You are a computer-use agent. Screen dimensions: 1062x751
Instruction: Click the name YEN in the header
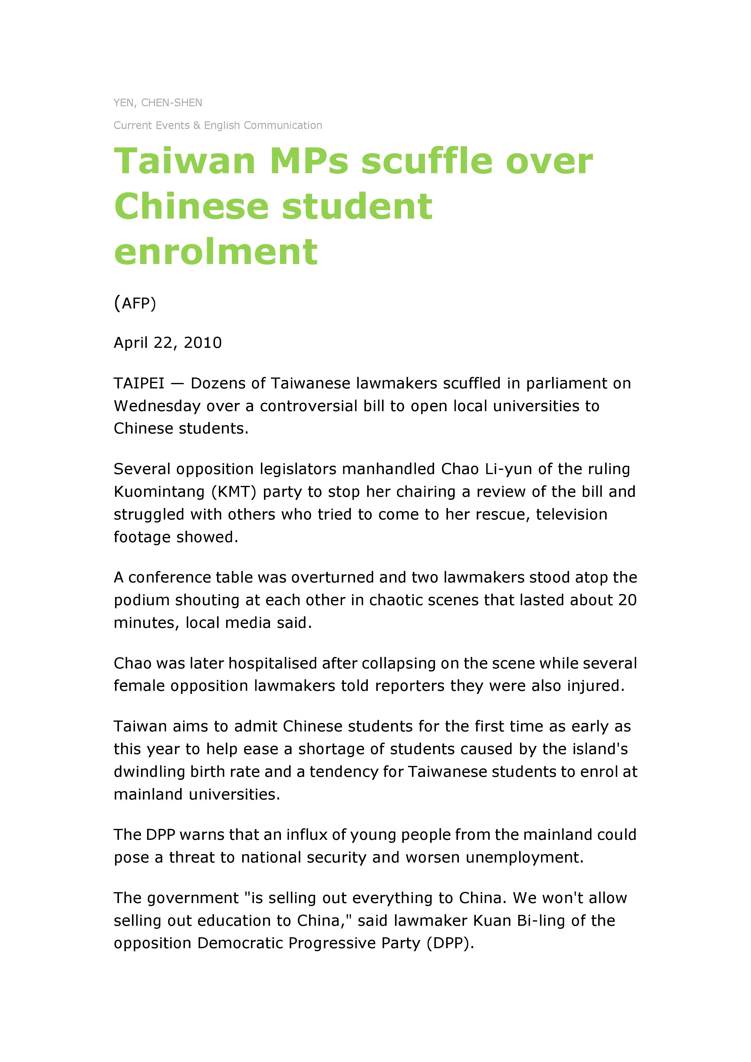coord(124,103)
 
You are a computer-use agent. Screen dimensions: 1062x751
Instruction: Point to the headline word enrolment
coord(216,252)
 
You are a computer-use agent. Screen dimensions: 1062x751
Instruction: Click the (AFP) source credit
coord(135,303)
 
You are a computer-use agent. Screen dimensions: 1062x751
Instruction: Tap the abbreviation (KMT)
coord(233,492)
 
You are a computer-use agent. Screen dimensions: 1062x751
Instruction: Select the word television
coord(571,514)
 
